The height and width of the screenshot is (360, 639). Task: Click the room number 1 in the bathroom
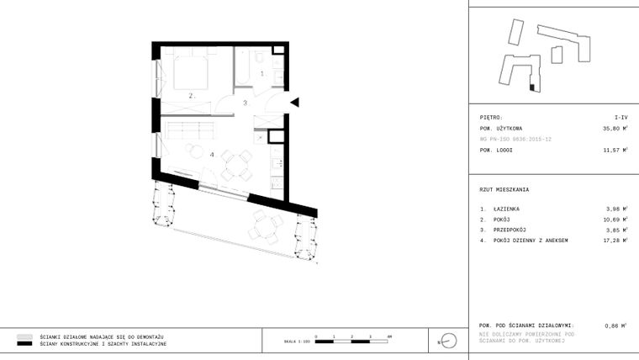[x=261, y=74]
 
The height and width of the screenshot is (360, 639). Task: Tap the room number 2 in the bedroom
[x=192, y=96]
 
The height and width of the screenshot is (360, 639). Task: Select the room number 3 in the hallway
[x=245, y=103]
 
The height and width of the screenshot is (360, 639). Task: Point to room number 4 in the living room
[x=212, y=154]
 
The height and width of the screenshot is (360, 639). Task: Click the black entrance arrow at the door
[x=294, y=103]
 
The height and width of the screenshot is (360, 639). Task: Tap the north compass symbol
[x=448, y=341]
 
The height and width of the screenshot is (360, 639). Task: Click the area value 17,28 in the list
[x=616, y=241]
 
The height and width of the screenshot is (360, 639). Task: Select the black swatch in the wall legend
[x=24, y=344]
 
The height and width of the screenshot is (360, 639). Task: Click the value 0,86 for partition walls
[x=615, y=325]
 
